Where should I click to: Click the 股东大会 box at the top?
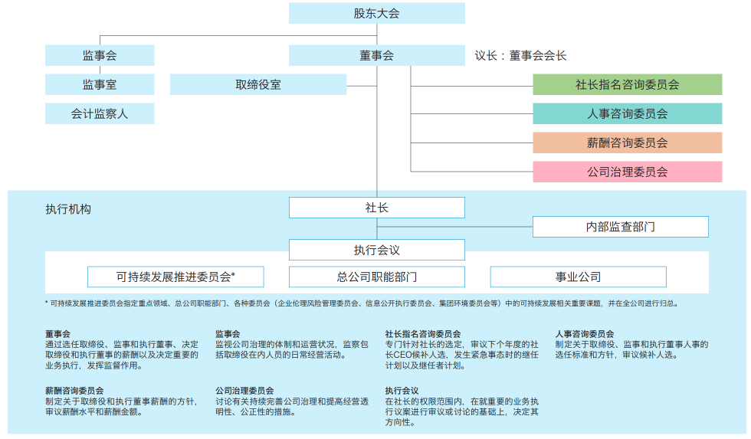coord(376,13)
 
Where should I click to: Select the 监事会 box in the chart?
coord(100,55)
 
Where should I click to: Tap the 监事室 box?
coord(100,84)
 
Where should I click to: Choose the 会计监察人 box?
coord(100,113)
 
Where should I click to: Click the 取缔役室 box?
coord(258,84)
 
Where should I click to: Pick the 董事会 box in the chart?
coord(376,55)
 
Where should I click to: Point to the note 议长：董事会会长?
coord(520,56)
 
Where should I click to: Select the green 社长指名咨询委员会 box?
coord(627,84)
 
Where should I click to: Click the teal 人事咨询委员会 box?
coord(627,113)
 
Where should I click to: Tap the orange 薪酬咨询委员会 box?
coord(627,143)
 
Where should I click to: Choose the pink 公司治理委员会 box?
coord(627,172)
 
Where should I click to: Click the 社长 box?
coord(376,208)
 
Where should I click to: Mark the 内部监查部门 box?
coord(620,227)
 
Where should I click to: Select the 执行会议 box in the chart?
coord(376,250)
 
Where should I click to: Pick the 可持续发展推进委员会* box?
coord(175,277)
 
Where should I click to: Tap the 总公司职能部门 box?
coord(376,277)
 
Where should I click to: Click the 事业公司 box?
coord(578,277)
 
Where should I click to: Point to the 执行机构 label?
coord(67,208)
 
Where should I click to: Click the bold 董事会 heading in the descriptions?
coord(58,334)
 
